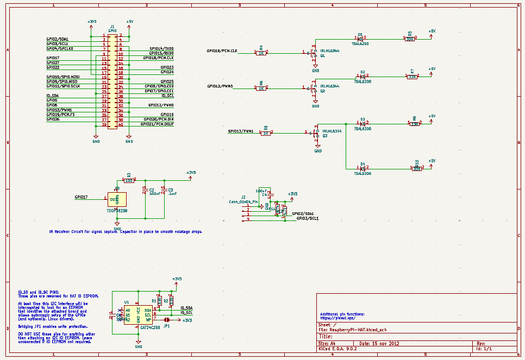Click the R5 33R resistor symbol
click(410, 39)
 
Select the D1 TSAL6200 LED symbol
click(360, 39)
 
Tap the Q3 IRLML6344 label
click(332, 131)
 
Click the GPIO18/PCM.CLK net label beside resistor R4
click(222, 50)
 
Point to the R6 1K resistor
click(261, 86)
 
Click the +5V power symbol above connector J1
click(129, 23)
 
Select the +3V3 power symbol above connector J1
click(92, 23)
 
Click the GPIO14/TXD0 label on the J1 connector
click(161, 48)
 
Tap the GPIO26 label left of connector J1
click(53, 119)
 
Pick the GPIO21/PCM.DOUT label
click(157, 124)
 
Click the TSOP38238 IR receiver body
click(117, 200)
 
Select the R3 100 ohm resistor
click(129, 180)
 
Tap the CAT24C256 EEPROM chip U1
click(138, 315)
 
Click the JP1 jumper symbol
click(166, 320)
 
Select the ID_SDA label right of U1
click(186, 308)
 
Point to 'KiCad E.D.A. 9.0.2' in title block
click(337, 349)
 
